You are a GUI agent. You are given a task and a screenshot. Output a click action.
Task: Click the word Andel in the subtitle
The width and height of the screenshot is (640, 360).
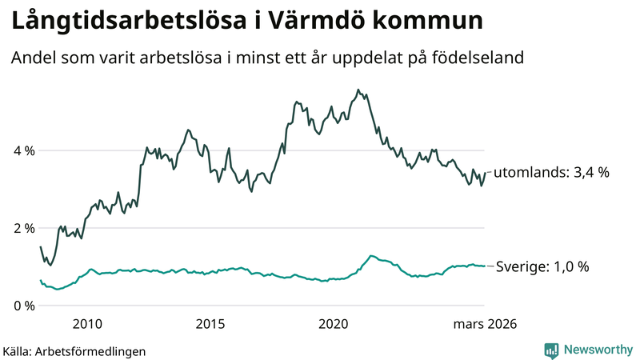coord(31,58)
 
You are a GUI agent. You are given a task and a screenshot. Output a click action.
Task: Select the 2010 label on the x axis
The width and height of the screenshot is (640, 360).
coord(87,324)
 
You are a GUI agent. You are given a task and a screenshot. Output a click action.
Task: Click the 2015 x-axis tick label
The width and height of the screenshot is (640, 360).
coord(210,324)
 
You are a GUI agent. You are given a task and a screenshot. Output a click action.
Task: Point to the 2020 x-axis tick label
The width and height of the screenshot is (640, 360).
coord(334,324)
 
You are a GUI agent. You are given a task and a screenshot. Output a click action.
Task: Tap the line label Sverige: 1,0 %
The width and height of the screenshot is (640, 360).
coord(542,266)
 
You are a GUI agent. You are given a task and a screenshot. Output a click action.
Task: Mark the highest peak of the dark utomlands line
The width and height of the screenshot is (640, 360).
coord(358,90)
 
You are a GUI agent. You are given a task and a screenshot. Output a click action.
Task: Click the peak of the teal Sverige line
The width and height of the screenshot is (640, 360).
coord(370,256)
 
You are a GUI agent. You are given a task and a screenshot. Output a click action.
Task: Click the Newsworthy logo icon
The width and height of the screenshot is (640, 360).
coord(551,350)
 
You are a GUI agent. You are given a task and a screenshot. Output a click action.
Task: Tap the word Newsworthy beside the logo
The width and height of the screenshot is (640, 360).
coord(597,350)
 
